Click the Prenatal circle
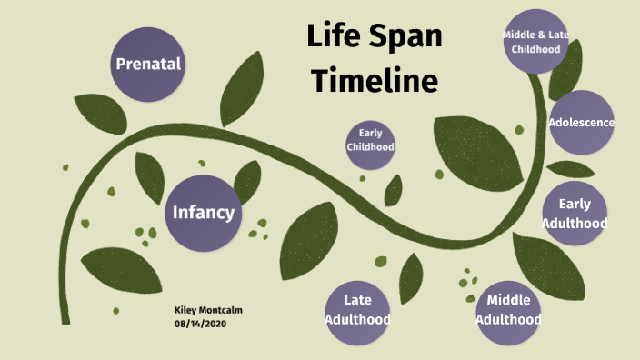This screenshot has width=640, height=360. (x=148, y=64)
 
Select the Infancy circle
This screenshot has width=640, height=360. (x=204, y=213)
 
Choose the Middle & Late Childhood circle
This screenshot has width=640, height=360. (x=543, y=40)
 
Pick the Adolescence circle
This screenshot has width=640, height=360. (x=581, y=123)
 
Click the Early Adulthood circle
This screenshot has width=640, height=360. (x=575, y=213)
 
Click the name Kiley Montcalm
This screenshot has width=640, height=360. (x=208, y=311)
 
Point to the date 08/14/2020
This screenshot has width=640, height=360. (x=198, y=324)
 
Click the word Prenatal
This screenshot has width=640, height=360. (x=148, y=64)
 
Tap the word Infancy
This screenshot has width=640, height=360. (x=204, y=213)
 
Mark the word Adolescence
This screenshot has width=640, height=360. (x=581, y=123)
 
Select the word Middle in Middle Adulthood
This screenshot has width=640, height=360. (x=508, y=300)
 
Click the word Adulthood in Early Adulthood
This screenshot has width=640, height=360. (x=575, y=223)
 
